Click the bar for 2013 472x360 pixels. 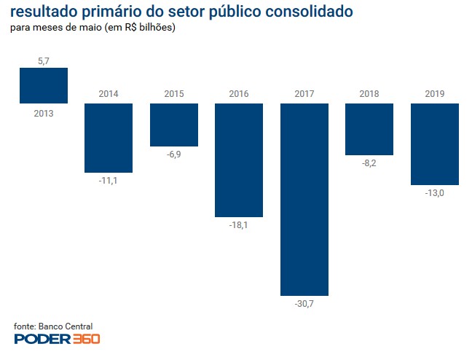point(43,85)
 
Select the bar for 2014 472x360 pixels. point(109,138)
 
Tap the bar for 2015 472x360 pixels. point(174,125)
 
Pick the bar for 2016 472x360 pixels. point(239,160)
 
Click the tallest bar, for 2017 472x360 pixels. point(304,199)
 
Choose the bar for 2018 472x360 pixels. point(369,129)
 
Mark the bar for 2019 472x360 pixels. point(435,144)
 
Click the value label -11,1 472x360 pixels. point(109,181)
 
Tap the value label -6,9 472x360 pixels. point(174,155)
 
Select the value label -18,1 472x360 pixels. point(239,226)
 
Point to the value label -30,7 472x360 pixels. point(304,304)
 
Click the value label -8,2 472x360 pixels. point(369,163)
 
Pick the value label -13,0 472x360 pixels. point(435,193)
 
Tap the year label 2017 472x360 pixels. point(304,94)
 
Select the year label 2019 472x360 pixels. point(435,94)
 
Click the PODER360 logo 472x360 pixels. point(57,339)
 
